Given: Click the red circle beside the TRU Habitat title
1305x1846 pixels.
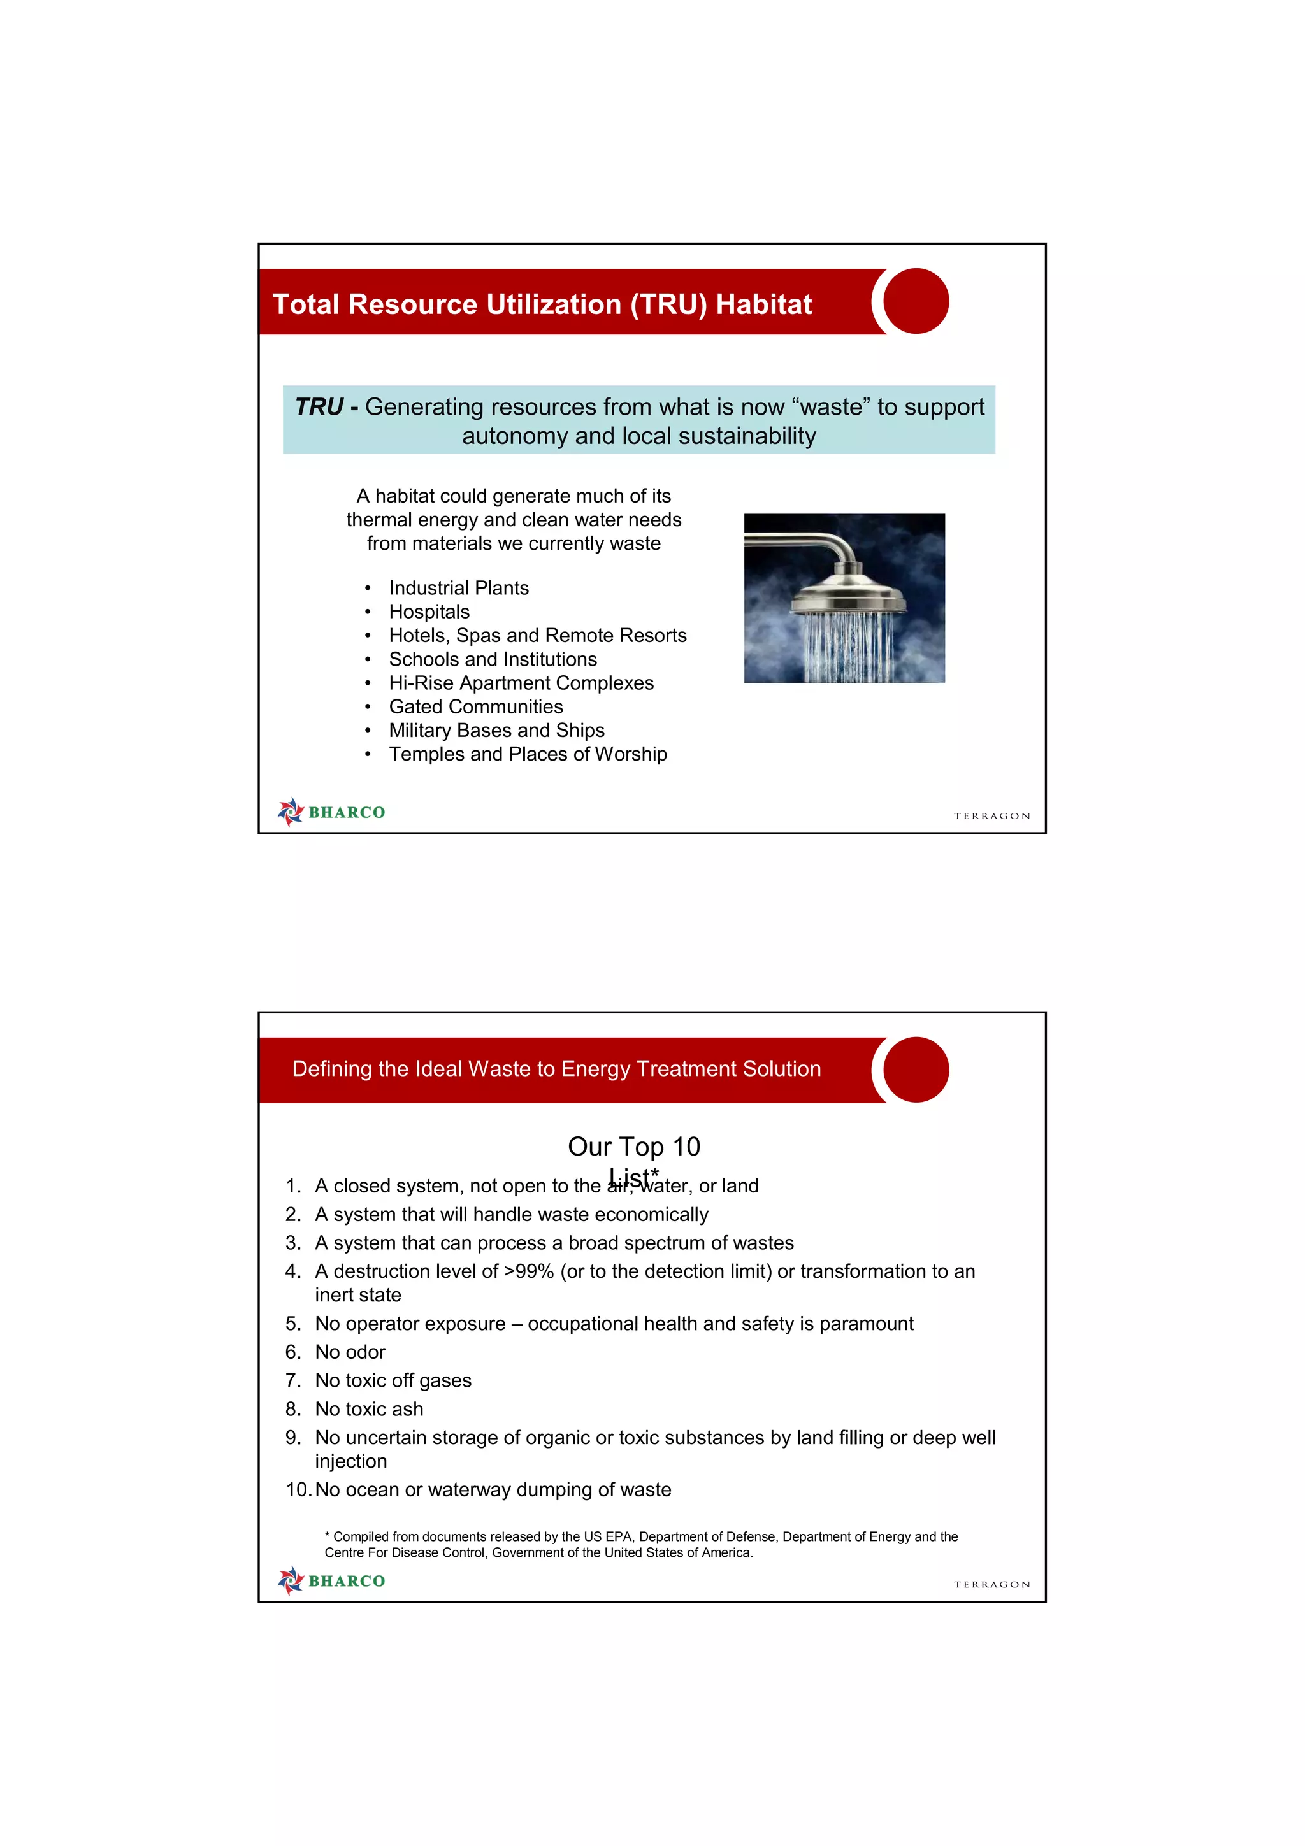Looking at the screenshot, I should tap(915, 301).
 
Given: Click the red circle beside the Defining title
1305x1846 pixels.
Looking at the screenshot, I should tap(915, 1070).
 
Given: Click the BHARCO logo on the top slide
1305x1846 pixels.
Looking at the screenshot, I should tap(331, 812).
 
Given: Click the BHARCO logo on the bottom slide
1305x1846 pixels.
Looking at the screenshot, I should tap(331, 1580).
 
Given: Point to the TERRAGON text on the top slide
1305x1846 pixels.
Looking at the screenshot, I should tap(991, 815).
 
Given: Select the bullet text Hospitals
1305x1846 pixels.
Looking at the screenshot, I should tap(429, 612).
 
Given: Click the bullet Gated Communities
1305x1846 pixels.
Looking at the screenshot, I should tap(475, 706).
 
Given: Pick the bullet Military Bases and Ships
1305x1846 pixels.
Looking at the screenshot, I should tap(496, 730).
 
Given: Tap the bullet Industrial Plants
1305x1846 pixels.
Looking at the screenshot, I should tap(458, 588).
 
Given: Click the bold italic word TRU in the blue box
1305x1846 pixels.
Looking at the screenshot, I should tap(319, 407).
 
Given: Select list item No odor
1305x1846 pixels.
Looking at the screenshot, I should tap(350, 1352).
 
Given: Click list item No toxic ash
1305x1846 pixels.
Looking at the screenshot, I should tap(368, 1408).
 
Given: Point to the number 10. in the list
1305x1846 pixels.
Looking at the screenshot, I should tap(298, 1489).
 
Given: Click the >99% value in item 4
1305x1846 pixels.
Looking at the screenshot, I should tap(528, 1271).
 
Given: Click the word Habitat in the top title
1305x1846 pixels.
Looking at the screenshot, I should tap(763, 304).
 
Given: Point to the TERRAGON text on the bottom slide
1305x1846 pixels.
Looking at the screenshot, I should tap(991, 1584).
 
